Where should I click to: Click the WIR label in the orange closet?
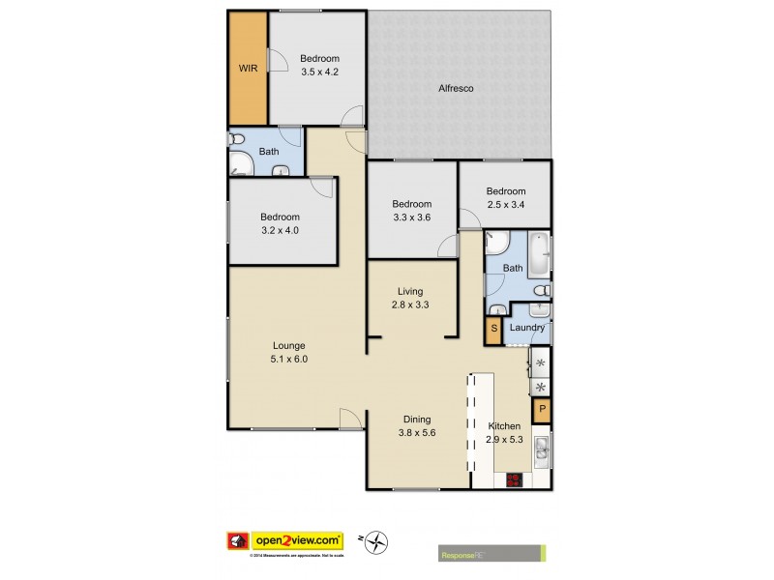pos(248,68)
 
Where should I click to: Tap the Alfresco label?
pos(454,89)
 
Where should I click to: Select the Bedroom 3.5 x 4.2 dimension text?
pos(319,72)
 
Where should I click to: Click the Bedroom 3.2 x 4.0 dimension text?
pos(281,230)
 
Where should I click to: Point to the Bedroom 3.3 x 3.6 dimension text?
pos(411,217)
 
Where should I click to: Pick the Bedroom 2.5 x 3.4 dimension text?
pos(505,204)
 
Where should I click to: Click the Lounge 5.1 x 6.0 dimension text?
pos(288,359)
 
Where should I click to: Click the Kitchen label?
pos(504,426)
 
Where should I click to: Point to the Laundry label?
pos(527,328)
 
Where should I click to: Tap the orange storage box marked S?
pos(493,330)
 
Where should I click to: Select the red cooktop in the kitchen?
pos(514,479)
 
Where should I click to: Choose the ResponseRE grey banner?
pos(491,553)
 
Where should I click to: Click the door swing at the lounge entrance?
pos(350,419)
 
